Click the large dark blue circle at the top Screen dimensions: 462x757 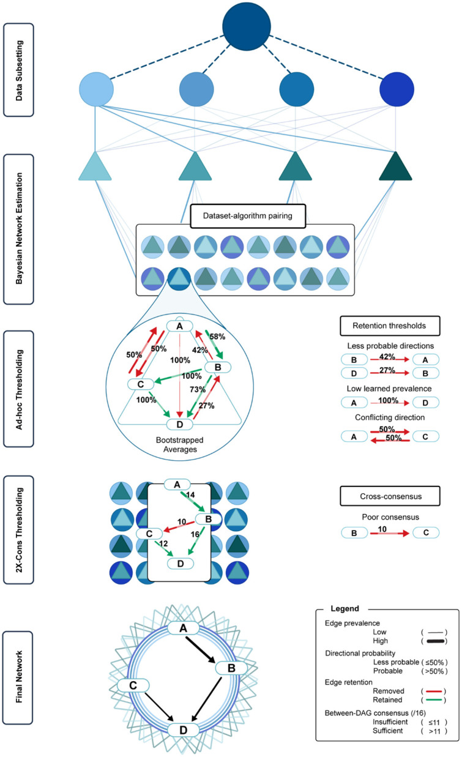point(247,26)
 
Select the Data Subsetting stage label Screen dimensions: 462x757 point(18,70)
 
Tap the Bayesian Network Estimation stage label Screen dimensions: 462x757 point(18,229)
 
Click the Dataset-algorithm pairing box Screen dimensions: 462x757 point(248,215)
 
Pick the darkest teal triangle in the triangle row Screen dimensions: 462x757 point(395,166)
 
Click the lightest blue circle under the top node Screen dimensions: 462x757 point(96,89)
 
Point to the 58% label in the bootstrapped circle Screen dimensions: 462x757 point(217,337)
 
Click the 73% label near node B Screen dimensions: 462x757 point(198,390)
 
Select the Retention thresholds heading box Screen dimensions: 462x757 point(390,326)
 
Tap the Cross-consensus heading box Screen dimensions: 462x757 point(390,496)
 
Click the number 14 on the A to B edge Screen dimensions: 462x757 point(190,494)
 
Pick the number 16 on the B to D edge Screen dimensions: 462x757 point(195,534)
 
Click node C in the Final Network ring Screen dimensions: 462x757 point(133,685)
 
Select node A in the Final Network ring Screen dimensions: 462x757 point(183,628)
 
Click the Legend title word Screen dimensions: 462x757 point(345,609)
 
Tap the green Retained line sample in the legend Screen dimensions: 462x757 point(434,700)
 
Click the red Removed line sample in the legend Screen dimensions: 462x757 point(434,691)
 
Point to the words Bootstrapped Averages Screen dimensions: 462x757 point(180,445)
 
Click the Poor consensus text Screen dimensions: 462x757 point(390,517)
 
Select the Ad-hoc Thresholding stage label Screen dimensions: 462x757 point(18,389)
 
